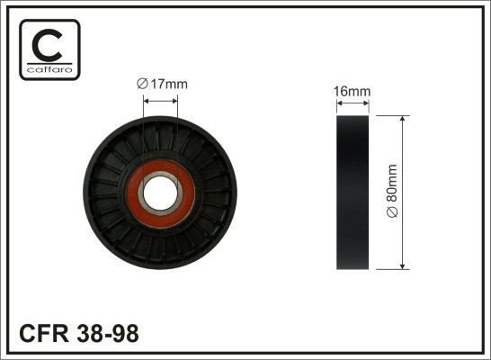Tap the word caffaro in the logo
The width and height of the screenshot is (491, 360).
(x=49, y=69)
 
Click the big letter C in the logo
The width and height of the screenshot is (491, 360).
(x=48, y=45)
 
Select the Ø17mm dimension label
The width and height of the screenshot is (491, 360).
(x=162, y=84)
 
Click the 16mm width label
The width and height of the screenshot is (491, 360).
(x=352, y=92)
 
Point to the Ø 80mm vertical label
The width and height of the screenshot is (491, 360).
(x=392, y=191)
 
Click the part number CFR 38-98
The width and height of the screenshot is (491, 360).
(x=79, y=333)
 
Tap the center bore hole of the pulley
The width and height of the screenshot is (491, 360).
(x=160, y=193)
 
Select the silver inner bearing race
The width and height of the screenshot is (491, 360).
(x=160, y=174)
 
